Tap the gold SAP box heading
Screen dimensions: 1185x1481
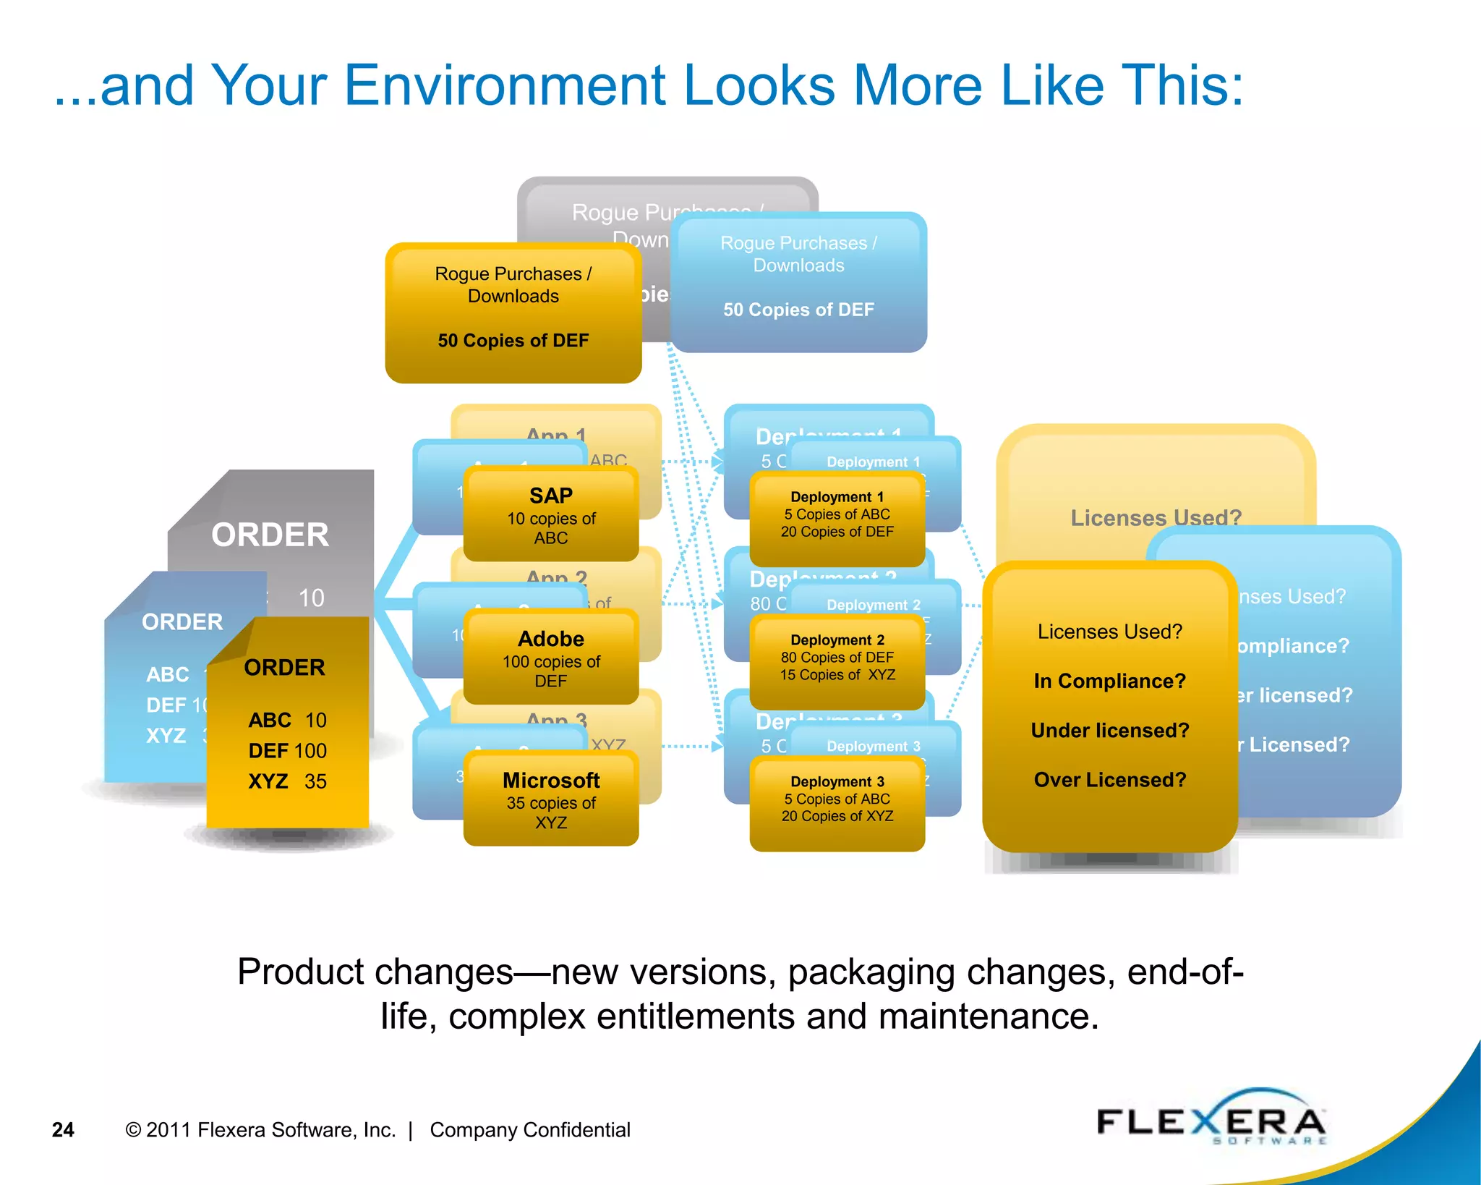(x=550, y=496)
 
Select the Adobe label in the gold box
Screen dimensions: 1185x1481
(x=550, y=639)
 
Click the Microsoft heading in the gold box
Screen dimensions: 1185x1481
(x=550, y=781)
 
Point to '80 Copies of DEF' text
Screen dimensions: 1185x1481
(x=837, y=658)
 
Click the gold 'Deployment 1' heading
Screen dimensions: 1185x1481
(x=837, y=497)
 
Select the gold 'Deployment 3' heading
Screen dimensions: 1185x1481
(x=837, y=782)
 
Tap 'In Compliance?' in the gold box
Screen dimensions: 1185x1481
(x=1109, y=681)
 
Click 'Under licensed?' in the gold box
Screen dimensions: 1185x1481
(x=1109, y=731)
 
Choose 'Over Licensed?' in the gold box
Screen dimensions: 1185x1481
(x=1109, y=780)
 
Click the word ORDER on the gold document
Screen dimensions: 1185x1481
(x=284, y=668)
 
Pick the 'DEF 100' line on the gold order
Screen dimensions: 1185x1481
(x=287, y=751)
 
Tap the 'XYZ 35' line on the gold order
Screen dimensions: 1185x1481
(x=287, y=782)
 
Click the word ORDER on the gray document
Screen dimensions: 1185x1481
(x=270, y=535)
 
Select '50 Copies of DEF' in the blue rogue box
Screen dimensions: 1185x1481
(x=798, y=310)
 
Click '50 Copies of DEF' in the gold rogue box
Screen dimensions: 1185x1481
(x=513, y=341)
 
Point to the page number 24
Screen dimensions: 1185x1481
(x=63, y=1130)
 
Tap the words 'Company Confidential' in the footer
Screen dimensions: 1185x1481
(x=529, y=1130)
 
